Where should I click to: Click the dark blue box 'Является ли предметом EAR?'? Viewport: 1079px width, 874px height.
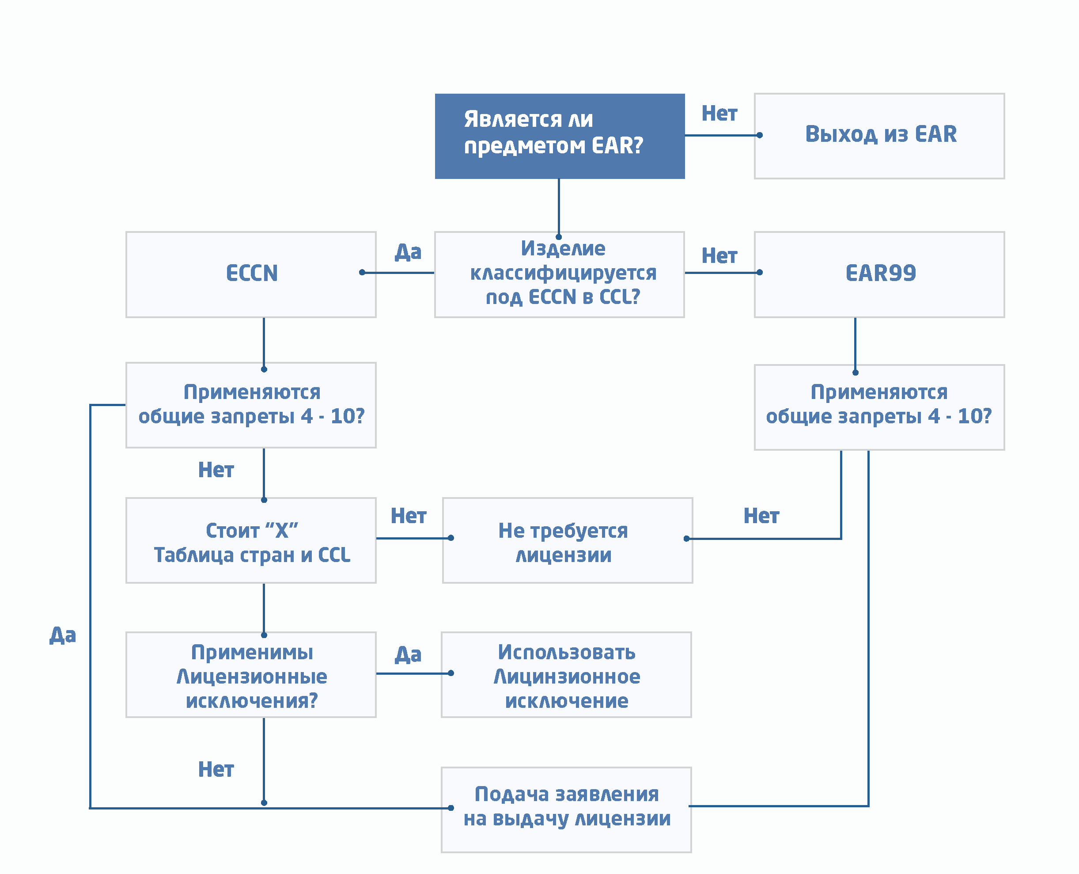click(559, 136)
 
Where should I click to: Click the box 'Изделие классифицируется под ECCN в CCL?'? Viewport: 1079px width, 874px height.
click(559, 274)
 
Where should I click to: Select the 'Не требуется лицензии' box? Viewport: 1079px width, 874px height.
click(567, 540)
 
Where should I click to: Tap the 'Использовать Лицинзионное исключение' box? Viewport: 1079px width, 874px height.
click(566, 675)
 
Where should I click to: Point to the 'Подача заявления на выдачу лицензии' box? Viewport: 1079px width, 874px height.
click(566, 809)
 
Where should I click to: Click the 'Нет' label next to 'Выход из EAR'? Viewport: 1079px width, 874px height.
click(719, 114)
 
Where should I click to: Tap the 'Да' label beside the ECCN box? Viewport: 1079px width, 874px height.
click(408, 252)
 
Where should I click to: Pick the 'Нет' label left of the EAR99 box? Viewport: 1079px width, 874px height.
click(719, 256)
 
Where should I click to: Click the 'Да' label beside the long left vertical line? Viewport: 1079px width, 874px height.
click(62, 635)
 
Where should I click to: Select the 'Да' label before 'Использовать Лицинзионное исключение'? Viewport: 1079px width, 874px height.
click(408, 654)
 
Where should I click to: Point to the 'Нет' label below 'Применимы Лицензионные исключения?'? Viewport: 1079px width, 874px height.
click(216, 769)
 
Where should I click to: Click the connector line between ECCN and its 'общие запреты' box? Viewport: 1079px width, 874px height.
click(264, 342)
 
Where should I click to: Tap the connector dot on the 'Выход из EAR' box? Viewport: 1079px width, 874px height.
click(759, 135)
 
